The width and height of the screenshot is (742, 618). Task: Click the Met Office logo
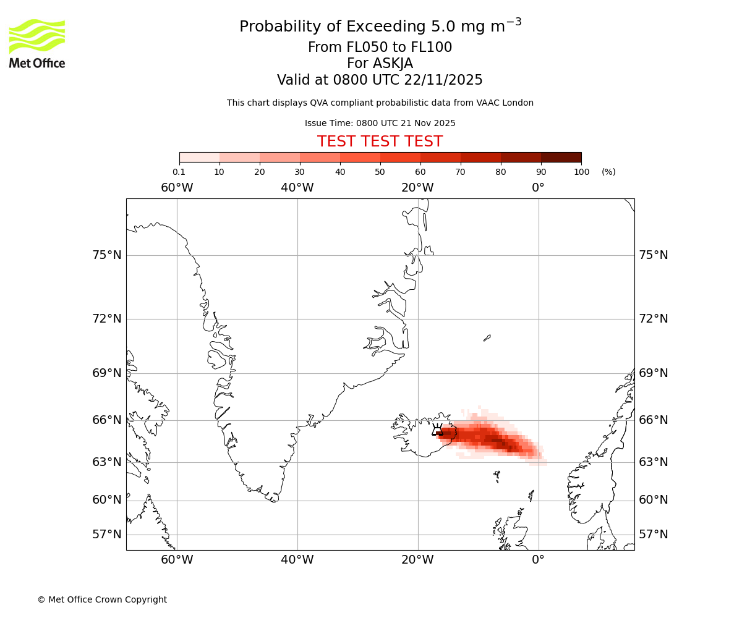point(37,43)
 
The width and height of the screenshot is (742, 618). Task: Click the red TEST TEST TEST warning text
point(380,142)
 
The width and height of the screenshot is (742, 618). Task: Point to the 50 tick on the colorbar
point(380,171)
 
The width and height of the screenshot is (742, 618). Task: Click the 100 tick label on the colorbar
point(581,172)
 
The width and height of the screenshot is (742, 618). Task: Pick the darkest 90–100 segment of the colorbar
point(561,157)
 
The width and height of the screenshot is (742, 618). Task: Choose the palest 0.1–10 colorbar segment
point(200,157)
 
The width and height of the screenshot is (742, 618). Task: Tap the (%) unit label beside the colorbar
point(608,172)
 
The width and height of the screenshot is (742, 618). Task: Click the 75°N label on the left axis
point(107,255)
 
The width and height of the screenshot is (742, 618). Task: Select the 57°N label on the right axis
point(653,535)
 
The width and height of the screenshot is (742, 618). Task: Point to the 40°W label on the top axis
point(297,188)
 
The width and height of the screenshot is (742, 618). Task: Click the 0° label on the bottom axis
point(538,560)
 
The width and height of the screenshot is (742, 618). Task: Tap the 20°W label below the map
point(417,560)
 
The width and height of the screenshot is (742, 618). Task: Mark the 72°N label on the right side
point(653,319)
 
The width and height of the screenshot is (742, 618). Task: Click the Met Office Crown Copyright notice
point(102,599)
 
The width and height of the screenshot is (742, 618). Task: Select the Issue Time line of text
point(380,123)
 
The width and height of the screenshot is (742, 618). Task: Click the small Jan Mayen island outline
point(487,338)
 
